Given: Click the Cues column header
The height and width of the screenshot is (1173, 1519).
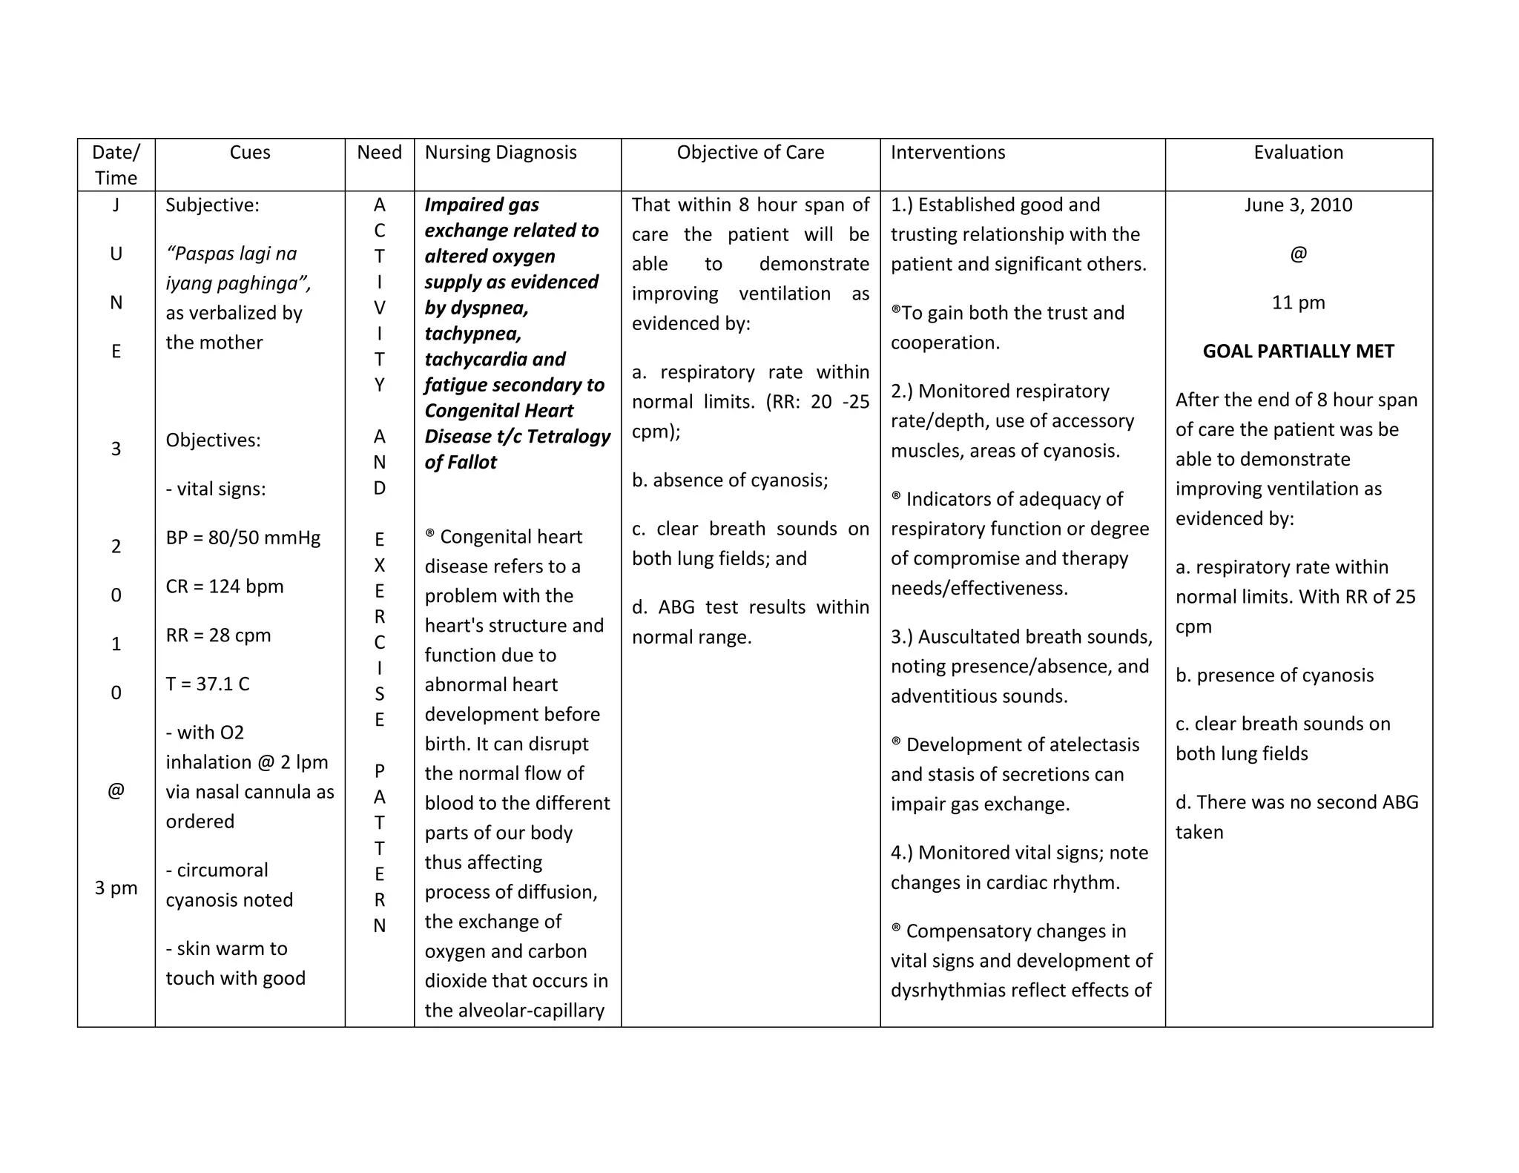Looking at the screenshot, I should tap(250, 153).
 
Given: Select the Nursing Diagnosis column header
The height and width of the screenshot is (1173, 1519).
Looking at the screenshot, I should tap(501, 153).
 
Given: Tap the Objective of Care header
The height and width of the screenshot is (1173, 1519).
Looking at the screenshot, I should tap(750, 153).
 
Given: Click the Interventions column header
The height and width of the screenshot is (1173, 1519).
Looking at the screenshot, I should tap(948, 153).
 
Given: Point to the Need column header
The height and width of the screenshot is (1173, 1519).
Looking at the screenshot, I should tap(379, 153).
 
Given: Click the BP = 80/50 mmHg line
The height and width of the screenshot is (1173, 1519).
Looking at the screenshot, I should tap(243, 538).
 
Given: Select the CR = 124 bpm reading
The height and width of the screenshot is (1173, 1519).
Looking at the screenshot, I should tap(225, 586).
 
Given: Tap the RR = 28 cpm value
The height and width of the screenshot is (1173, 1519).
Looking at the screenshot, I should tap(218, 635).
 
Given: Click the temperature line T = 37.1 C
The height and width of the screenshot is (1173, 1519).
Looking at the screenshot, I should tap(208, 684).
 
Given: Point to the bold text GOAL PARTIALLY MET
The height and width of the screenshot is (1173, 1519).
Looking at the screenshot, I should tap(1298, 351).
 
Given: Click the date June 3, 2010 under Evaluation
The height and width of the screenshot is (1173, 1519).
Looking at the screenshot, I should tap(1298, 205).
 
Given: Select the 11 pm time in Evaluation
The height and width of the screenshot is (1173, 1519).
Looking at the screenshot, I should tap(1298, 303).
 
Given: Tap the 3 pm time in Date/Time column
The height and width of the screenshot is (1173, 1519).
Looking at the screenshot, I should tap(116, 888).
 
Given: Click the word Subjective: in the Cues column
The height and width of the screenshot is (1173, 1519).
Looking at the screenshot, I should tap(213, 205).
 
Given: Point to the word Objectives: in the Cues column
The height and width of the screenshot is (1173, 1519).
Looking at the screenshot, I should tap(213, 440).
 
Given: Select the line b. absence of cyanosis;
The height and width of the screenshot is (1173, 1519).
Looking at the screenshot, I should tap(730, 480).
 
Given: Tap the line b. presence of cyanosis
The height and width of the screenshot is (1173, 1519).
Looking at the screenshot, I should tap(1274, 675).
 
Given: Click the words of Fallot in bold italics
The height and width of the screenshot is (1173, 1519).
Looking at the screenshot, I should tap(461, 463).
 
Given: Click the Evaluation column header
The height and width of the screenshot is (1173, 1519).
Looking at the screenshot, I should tap(1298, 153).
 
